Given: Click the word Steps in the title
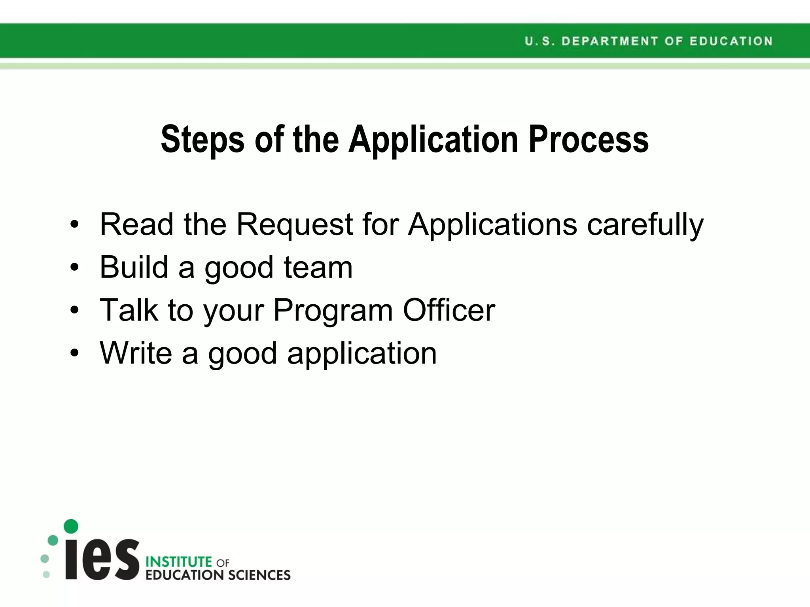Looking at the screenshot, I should (x=202, y=139).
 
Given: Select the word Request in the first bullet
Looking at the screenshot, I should (x=294, y=224).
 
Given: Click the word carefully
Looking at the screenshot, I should (x=645, y=224).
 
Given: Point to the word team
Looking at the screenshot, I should (x=318, y=268).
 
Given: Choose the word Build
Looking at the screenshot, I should (x=134, y=268).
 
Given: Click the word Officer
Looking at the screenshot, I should (x=449, y=310).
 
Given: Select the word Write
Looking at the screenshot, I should (x=136, y=353).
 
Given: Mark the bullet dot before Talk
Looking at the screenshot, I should (x=74, y=311).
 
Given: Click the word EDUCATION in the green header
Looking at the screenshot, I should (x=731, y=41).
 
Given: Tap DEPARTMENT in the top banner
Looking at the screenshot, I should (x=609, y=41).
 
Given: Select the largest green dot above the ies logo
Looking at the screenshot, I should (x=71, y=526).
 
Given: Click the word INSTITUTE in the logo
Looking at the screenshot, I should (x=179, y=562).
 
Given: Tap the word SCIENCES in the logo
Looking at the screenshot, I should (x=259, y=575).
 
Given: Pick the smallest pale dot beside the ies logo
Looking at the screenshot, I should (x=46, y=575).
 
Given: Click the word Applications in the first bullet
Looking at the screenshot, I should (x=492, y=224).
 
